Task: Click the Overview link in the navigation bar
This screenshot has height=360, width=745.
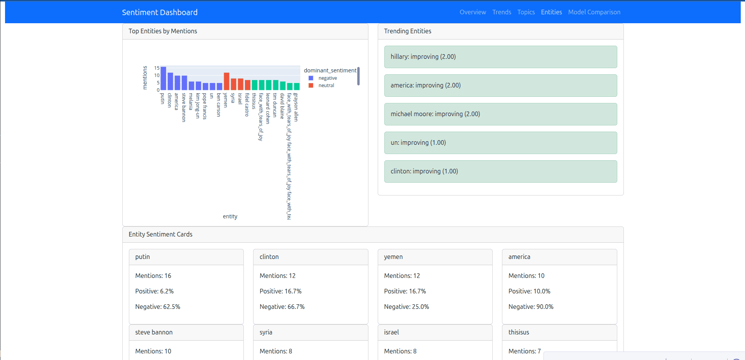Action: [473, 12]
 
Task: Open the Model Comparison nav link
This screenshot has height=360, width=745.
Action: [594, 12]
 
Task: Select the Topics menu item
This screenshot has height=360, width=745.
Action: [526, 12]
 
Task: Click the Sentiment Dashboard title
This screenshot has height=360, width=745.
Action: [159, 12]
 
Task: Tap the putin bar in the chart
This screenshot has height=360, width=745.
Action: [163, 79]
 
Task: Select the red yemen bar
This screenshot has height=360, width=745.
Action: [227, 82]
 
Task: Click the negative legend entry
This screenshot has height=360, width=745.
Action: [327, 78]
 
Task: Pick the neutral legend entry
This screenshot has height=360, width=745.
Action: [326, 86]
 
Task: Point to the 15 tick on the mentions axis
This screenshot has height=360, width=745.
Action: [157, 68]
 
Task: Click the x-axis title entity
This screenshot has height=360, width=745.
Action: [230, 216]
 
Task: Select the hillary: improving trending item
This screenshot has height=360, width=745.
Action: [500, 57]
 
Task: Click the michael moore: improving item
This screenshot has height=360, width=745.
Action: [500, 114]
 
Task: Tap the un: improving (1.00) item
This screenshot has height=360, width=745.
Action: [500, 143]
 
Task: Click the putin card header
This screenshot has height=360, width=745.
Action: [186, 257]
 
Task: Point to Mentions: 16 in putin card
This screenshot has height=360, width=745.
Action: [153, 276]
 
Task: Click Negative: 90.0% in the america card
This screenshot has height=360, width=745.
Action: [531, 307]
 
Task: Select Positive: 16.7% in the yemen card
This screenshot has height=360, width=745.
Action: [405, 291]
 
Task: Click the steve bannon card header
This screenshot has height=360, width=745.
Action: [186, 333]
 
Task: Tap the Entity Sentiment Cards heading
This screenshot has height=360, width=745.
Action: [160, 235]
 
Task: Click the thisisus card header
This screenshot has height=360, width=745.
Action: [559, 333]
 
